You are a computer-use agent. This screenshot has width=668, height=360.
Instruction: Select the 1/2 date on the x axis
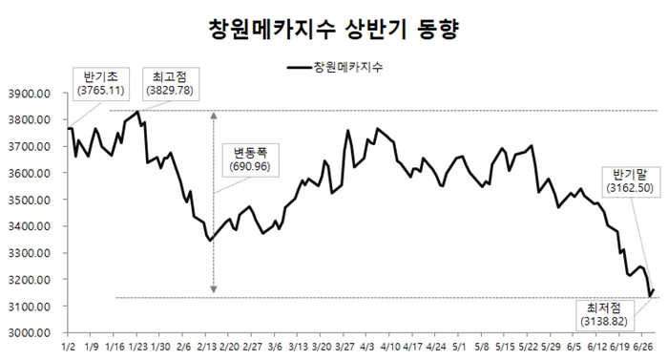[69, 349]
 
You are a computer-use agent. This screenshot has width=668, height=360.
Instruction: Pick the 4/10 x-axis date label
[389, 349]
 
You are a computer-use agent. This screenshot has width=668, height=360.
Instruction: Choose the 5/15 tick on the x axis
[505, 349]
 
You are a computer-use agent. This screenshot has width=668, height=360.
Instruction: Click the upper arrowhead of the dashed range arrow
[213, 115]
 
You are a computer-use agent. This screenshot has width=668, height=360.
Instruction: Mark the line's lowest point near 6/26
[650, 296]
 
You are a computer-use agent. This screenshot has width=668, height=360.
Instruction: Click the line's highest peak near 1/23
[138, 113]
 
